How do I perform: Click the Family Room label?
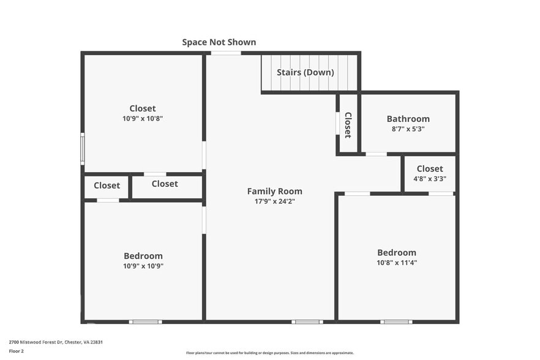274,191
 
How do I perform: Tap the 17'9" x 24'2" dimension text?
274,201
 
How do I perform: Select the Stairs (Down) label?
305,72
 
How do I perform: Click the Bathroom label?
408,119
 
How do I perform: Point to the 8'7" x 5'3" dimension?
408,129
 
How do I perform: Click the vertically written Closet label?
348,125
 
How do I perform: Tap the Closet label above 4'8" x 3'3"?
429,169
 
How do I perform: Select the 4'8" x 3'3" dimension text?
429,179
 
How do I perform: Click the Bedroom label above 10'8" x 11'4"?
396,252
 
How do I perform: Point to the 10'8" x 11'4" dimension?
396,263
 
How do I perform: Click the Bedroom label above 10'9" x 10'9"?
143,256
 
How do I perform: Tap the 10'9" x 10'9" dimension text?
143,266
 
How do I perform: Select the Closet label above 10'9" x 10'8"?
142,108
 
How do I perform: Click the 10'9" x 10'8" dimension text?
142,119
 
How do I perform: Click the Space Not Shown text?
219,42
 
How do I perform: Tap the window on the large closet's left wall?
82,149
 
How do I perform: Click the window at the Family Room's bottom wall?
307,321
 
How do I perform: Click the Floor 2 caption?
16,351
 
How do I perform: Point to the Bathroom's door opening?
376,154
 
